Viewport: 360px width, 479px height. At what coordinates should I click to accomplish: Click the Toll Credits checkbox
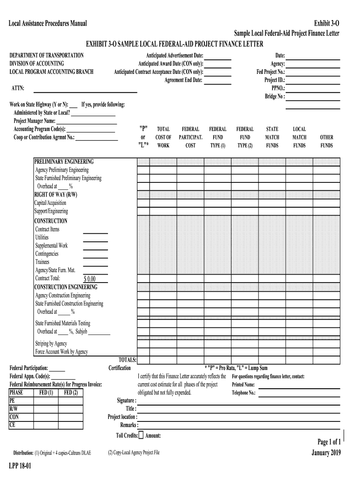point(141,435)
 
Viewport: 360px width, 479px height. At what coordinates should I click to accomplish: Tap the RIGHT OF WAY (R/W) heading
point(56,195)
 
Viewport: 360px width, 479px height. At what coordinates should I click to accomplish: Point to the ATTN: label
point(18,88)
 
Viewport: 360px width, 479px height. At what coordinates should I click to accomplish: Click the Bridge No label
point(274,96)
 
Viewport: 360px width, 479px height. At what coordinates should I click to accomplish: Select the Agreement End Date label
point(183,80)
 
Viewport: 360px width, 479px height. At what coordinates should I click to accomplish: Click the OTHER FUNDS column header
point(326,141)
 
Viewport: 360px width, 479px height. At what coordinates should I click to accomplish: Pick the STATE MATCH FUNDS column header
point(272,137)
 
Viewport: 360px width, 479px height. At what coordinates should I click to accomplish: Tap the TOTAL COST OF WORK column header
point(163,137)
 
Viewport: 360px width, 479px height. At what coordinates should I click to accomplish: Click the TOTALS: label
point(127,360)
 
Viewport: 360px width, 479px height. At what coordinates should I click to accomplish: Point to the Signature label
point(126,400)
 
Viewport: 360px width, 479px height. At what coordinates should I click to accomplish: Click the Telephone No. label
point(244,393)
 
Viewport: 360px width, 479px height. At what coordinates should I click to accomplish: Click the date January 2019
point(326,452)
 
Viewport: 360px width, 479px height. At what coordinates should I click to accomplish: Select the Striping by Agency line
point(51,344)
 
